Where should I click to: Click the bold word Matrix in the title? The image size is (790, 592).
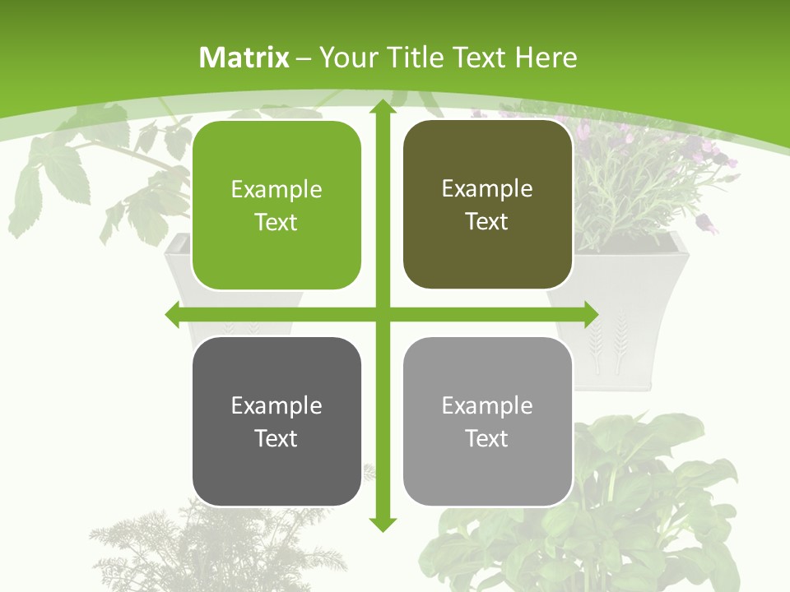pyautogui.click(x=244, y=58)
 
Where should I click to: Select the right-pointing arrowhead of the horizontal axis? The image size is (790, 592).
pyautogui.click(x=590, y=314)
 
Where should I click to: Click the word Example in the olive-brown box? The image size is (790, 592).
pyautogui.click(x=487, y=189)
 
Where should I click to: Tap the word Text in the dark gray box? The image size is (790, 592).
pyautogui.click(x=276, y=438)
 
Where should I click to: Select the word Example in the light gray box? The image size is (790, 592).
pyautogui.click(x=487, y=405)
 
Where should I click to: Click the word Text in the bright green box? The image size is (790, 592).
pyautogui.click(x=276, y=222)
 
